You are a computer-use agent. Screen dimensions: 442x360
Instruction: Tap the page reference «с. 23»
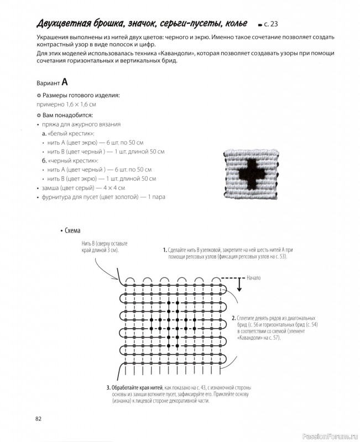point(277,24)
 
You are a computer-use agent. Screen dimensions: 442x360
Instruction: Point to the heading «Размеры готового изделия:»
point(81,96)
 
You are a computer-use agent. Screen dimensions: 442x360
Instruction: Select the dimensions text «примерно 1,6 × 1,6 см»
point(66,104)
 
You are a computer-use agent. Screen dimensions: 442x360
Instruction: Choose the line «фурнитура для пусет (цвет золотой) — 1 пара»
point(103,197)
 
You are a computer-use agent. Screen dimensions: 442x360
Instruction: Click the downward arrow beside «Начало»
point(239,285)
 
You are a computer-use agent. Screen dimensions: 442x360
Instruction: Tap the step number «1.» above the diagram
point(164,250)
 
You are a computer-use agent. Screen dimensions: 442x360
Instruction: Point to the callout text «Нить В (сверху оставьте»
point(105,244)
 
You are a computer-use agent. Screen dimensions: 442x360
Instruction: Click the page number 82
point(39,418)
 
